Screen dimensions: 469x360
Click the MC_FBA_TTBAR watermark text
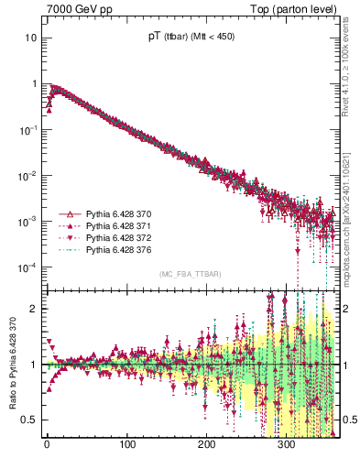[x=188, y=274]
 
